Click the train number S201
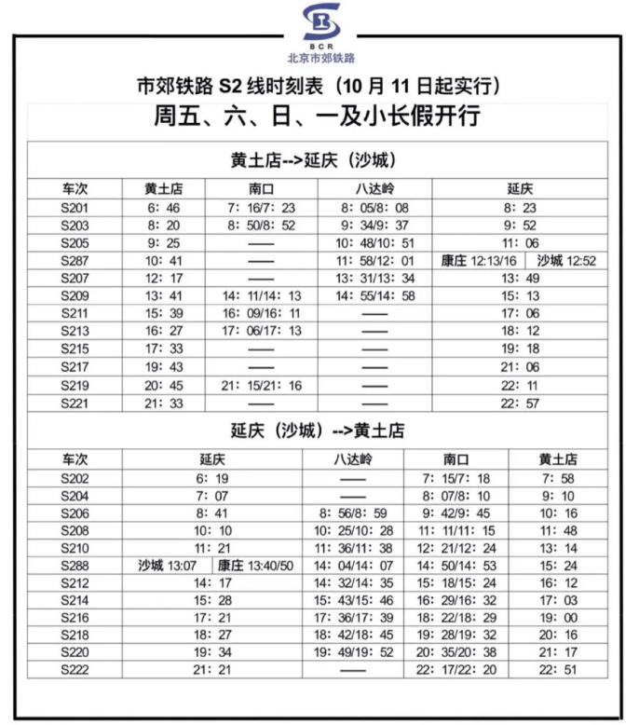click(x=75, y=208)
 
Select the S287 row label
click(x=75, y=261)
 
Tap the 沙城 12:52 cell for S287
click(x=565, y=261)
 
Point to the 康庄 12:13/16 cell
click(x=478, y=261)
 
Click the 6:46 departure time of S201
click(x=164, y=208)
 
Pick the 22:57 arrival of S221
click(x=521, y=403)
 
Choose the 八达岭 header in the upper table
click(x=374, y=188)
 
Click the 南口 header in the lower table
click(x=455, y=460)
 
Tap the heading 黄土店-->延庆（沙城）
click(x=319, y=159)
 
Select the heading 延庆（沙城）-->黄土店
click(x=319, y=431)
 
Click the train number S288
click(x=75, y=566)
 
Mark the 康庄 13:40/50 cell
click(x=254, y=566)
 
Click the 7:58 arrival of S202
click(x=558, y=477)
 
